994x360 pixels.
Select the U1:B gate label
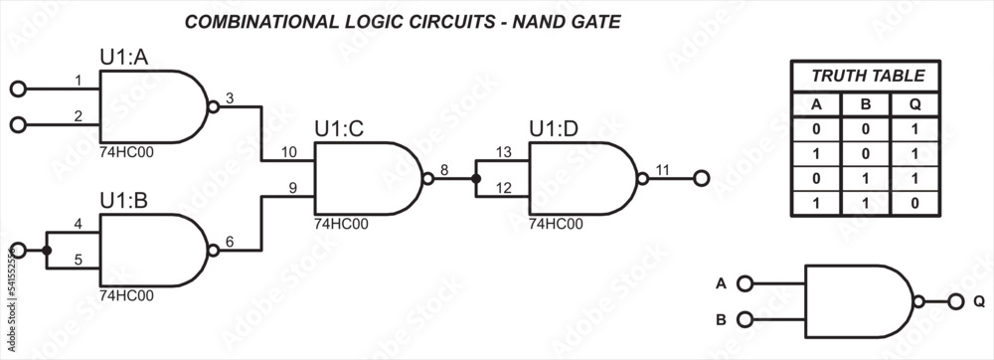click(124, 201)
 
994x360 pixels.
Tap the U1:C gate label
click(339, 129)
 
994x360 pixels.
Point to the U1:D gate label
click(554, 129)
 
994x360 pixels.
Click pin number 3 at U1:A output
click(230, 97)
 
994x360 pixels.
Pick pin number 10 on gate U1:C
click(288, 152)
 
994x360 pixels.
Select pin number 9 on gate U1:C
click(292, 187)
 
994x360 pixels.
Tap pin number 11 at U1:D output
click(662, 170)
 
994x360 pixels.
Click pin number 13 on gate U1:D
click(503, 152)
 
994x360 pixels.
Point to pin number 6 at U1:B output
click(230, 241)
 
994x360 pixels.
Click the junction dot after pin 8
click(476, 179)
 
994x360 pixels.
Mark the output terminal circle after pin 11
click(701, 179)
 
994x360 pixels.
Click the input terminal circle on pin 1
click(17, 89)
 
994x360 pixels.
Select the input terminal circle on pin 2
click(17, 124)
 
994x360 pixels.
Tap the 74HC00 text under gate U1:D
click(556, 224)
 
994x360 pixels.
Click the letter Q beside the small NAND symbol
click(979, 301)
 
